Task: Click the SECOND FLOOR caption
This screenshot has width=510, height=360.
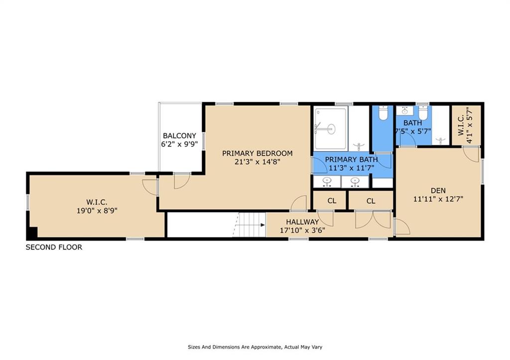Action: point(54,247)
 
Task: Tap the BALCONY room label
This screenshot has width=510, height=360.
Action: point(179,135)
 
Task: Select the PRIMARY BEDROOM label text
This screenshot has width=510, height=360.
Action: point(257,153)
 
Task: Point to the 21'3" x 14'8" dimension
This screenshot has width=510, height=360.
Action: point(257,162)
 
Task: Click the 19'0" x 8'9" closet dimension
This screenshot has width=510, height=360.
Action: point(97,211)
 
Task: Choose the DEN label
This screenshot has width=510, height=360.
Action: point(438,191)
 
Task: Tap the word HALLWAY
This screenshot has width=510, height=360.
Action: point(302,222)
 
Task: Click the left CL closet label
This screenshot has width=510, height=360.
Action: point(332,201)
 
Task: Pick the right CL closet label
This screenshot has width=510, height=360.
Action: point(371,201)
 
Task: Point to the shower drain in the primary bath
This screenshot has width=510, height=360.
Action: point(331,129)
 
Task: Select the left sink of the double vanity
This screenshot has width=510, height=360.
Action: point(327,181)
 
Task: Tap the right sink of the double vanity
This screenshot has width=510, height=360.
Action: point(355,181)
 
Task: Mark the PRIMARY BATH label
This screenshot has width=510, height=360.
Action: point(351,159)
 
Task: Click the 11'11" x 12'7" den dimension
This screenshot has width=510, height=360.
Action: point(438,199)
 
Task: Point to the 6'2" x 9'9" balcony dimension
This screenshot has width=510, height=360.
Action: point(179,144)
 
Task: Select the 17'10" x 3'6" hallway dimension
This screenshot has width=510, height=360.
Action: point(302,231)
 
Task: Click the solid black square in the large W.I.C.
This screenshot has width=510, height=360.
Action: point(32,232)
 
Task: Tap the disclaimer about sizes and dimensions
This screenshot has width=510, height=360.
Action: point(255,347)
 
